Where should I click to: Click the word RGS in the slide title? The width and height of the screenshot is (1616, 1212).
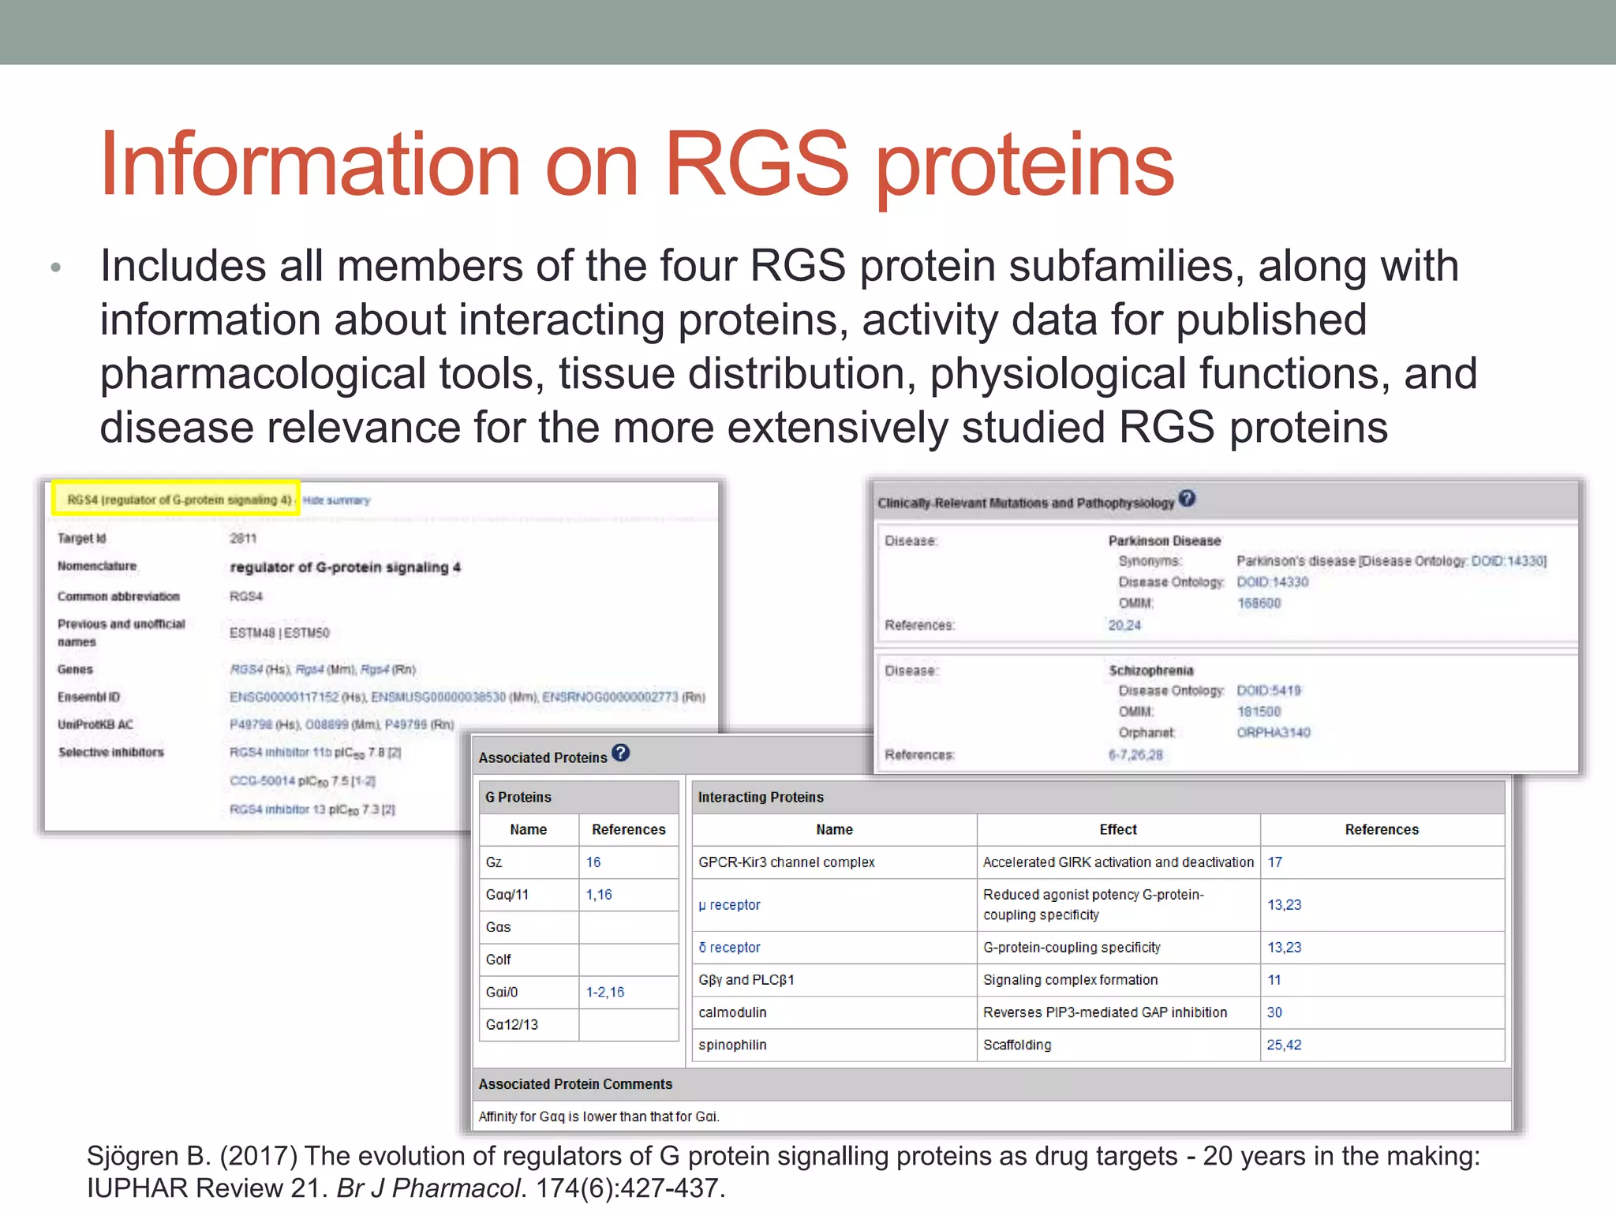point(757,164)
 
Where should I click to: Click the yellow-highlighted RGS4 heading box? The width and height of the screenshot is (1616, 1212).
point(176,499)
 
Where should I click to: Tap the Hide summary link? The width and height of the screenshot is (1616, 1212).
point(336,500)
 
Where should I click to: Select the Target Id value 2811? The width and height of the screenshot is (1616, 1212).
point(243,538)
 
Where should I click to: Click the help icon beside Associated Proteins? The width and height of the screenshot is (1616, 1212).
point(621,754)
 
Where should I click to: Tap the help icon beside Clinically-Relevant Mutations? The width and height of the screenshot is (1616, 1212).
point(1187,499)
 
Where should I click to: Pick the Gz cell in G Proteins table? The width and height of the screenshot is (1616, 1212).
point(495,862)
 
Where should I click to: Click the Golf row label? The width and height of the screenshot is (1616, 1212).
point(499,959)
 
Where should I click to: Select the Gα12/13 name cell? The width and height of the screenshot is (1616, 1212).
point(512,1024)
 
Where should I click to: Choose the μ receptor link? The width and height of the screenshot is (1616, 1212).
point(729,905)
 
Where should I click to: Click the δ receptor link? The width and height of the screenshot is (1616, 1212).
point(729,948)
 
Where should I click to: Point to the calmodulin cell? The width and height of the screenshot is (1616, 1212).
point(732,1012)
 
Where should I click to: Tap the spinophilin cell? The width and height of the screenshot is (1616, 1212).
point(732,1045)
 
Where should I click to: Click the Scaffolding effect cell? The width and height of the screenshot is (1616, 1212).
point(1017,1045)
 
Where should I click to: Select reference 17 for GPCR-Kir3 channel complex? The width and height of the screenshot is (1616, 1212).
point(1275,862)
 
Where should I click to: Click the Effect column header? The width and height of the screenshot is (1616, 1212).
point(1118,829)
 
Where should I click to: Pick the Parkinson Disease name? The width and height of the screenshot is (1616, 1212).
point(1164,541)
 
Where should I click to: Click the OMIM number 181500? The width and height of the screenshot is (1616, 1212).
point(1259,712)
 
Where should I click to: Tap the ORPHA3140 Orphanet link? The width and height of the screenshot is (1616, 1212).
point(1273,732)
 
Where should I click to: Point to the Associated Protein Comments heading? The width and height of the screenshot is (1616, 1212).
point(575,1084)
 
